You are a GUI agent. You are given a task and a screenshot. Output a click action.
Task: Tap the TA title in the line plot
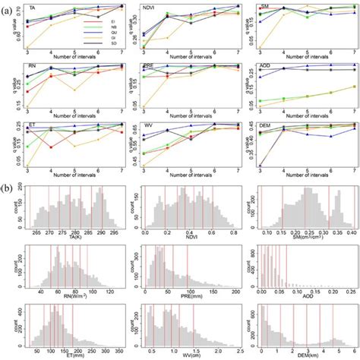(x=31, y=7)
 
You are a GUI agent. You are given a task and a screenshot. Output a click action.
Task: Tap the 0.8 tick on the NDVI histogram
(x=220, y=233)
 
